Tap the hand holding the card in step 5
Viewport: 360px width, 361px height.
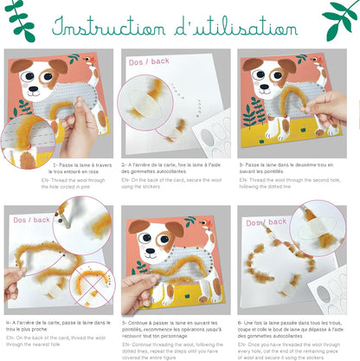click(138, 291)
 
